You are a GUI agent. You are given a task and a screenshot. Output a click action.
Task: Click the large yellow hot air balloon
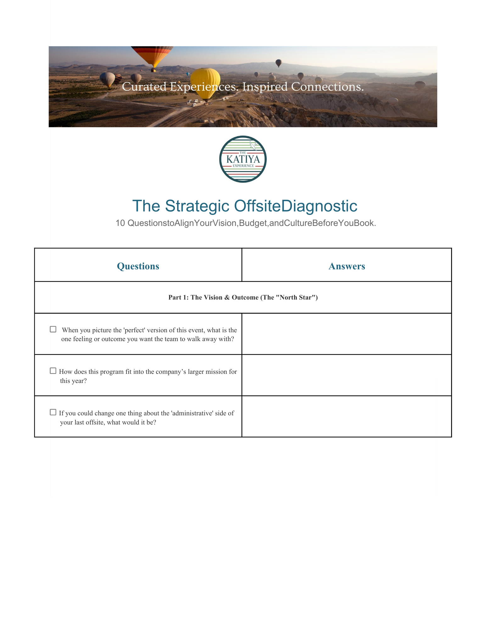point(205,82)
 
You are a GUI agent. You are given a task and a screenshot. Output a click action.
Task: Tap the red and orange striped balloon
point(152,56)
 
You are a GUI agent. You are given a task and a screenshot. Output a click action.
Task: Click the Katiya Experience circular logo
point(243,159)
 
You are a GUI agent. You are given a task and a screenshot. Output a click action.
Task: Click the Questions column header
point(138,266)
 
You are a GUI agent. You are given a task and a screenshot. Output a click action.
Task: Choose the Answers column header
point(347,266)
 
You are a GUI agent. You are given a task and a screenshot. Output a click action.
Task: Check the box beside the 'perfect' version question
point(53,329)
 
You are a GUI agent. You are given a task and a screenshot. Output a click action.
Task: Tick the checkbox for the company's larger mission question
point(53,371)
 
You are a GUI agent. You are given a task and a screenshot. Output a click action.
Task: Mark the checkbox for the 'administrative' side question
point(53,412)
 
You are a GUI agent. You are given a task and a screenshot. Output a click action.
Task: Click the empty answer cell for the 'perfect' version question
point(347,334)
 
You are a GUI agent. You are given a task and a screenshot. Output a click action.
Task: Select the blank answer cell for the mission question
point(347,375)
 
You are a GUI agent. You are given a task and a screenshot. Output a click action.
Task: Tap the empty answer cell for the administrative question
point(347,416)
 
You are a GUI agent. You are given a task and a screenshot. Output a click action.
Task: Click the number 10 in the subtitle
point(120,223)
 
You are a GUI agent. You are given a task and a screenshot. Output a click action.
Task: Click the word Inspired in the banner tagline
point(265,87)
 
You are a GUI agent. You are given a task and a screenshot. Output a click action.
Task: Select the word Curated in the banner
point(144,87)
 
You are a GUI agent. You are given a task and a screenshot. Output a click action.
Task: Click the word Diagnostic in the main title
point(319,206)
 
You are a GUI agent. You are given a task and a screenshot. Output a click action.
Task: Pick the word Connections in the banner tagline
point(327,87)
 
